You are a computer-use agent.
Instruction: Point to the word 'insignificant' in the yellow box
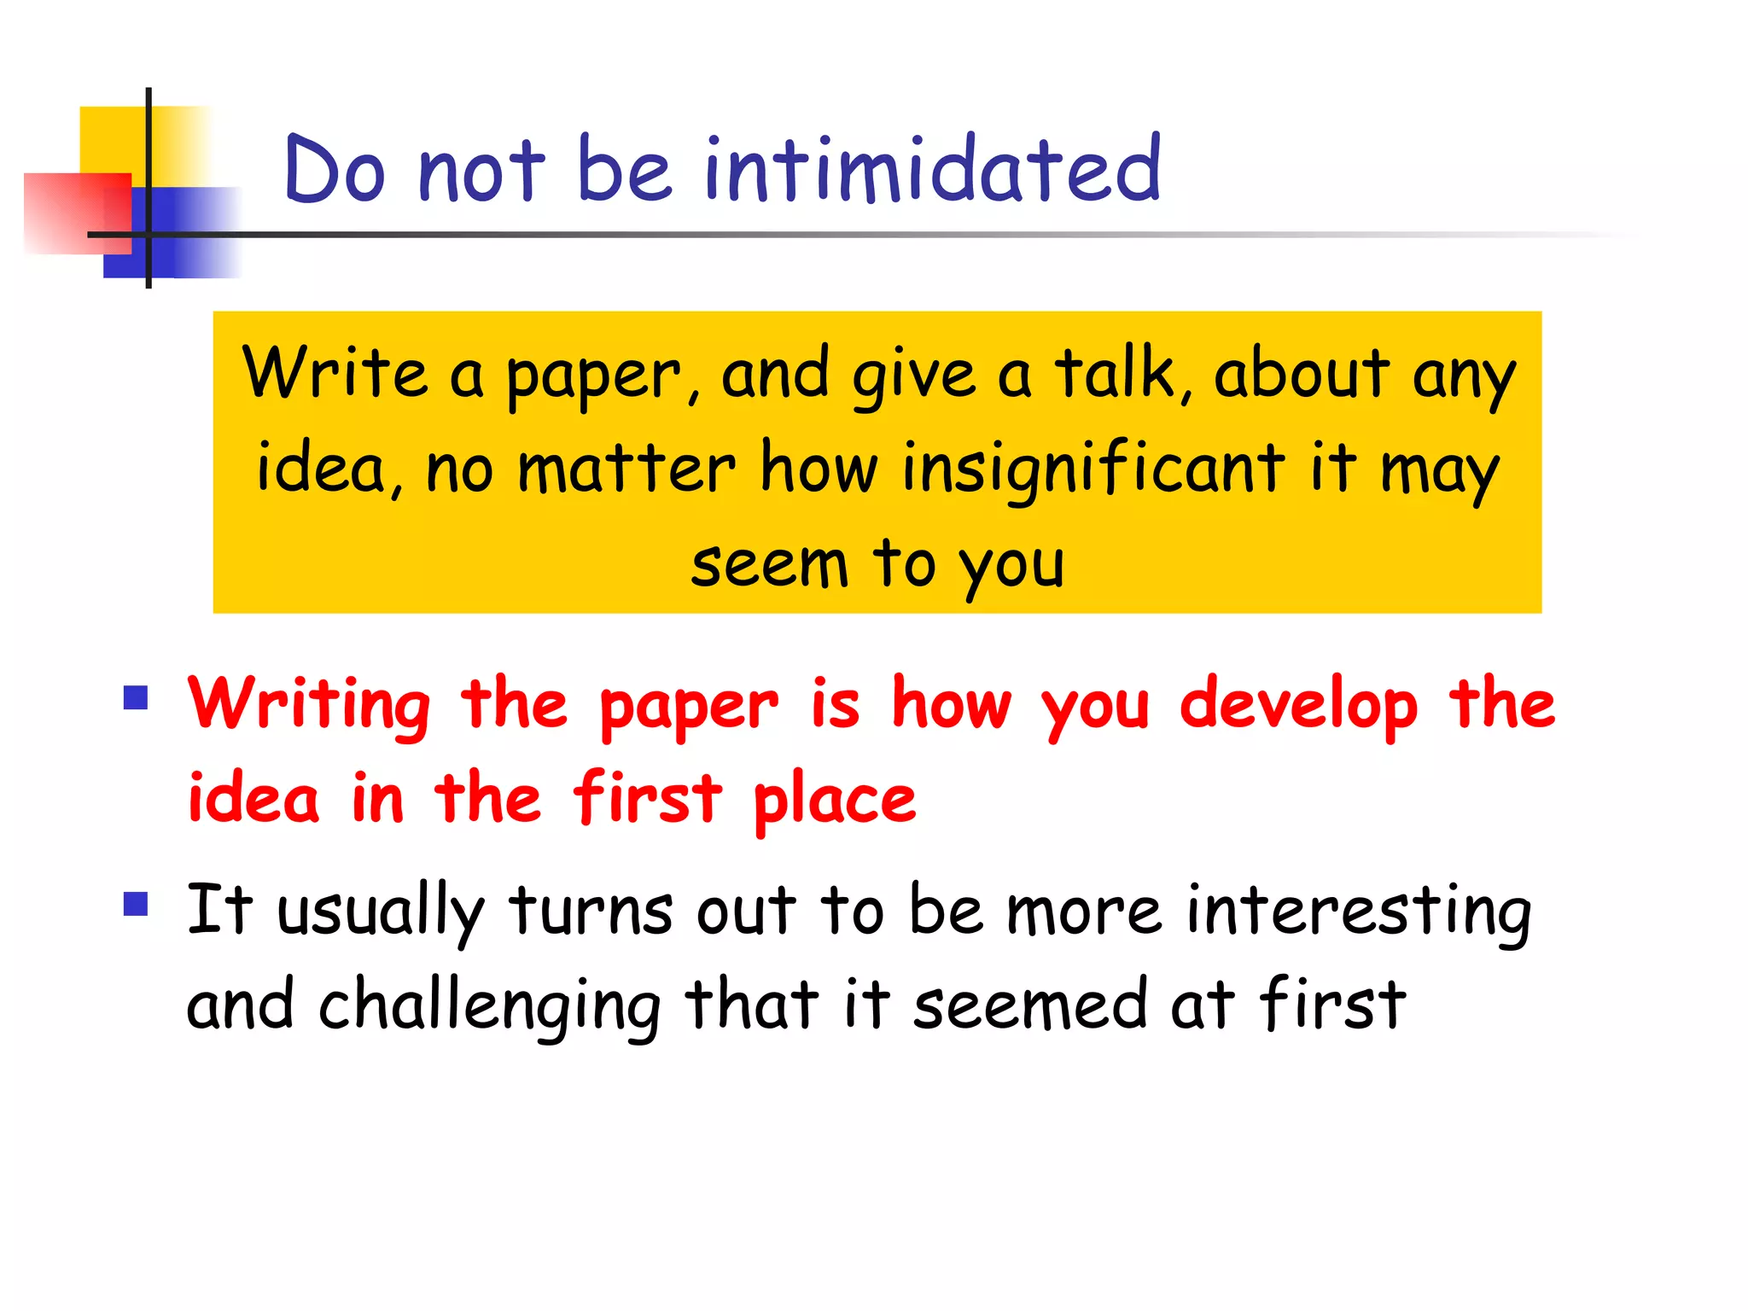click(1092, 469)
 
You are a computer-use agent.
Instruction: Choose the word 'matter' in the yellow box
click(626, 469)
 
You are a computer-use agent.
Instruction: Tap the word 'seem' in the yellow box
click(769, 565)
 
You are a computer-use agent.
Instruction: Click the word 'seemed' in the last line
click(1029, 1005)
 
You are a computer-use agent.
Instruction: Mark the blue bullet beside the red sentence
click(136, 698)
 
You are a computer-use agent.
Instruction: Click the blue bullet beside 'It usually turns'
click(136, 903)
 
